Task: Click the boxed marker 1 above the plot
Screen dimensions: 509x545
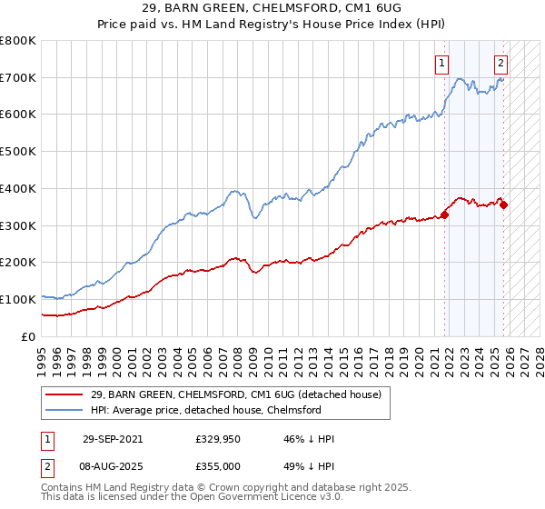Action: (x=441, y=64)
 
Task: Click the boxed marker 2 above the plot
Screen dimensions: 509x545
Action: (x=500, y=64)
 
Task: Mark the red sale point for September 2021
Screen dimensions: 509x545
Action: (x=445, y=215)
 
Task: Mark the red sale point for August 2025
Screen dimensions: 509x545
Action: (x=504, y=205)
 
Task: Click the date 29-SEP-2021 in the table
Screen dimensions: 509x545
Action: (x=113, y=439)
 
